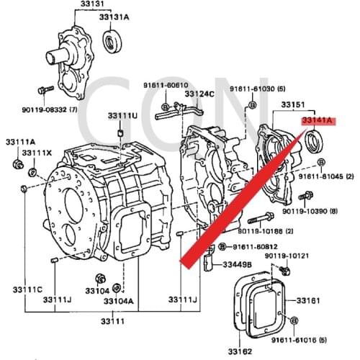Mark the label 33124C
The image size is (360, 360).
tap(199, 94)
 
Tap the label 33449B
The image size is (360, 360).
tap(237, 264)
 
